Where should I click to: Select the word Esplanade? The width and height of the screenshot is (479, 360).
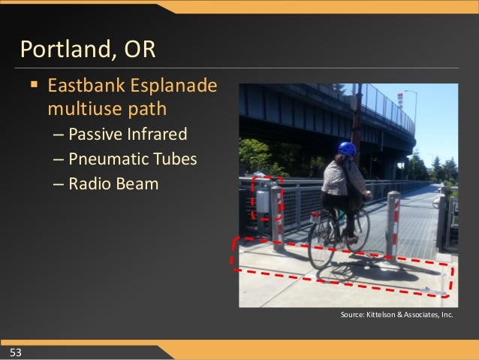click(x=177, y=86)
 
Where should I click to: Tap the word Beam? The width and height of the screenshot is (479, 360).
click(x=137, y=183)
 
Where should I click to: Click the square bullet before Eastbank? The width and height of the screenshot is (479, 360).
click(x=34, y=87)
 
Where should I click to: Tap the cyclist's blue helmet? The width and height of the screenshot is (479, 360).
click(x=347, y=149)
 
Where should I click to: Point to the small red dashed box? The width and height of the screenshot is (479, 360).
click(x=267, y=198)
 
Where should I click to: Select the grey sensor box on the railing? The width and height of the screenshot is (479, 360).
click(x=263, y=201)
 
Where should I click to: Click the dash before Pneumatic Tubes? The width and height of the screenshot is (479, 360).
click(x=59, y=159)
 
